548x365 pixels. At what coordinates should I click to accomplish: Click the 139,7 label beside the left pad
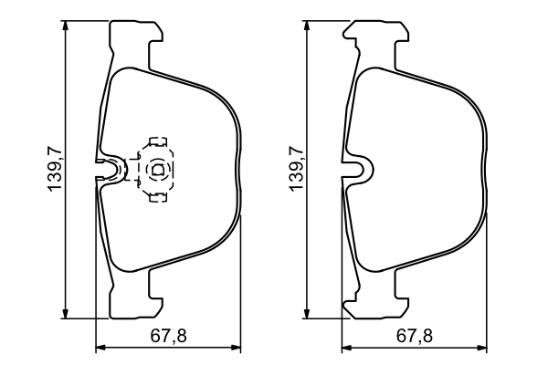[54, 169]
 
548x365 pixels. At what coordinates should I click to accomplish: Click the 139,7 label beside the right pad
[294, 169]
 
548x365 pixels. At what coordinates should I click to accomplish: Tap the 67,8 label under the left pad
[168, 336]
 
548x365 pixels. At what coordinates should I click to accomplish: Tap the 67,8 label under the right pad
[413, 336]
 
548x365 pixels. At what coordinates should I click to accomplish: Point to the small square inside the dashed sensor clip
[155, 168]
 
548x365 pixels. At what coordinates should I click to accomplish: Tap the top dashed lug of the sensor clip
[157, 142]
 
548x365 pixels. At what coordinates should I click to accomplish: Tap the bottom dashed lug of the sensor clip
[157, 193]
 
